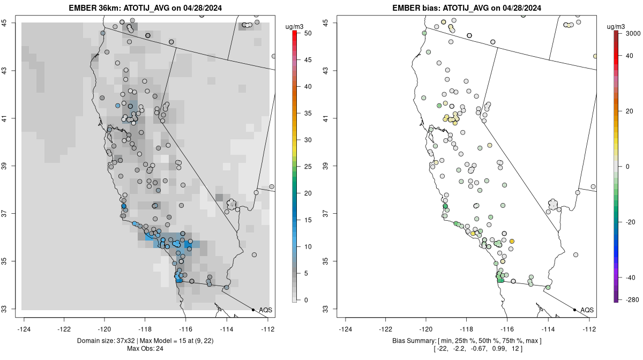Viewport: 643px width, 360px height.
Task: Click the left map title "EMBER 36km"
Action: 94,7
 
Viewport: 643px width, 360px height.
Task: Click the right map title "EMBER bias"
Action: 415,7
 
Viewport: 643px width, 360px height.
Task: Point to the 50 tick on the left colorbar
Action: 308,33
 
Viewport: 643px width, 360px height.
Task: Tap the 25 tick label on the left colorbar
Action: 308,167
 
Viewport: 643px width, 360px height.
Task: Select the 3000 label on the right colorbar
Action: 633,33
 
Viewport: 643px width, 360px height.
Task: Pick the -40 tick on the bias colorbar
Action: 630,277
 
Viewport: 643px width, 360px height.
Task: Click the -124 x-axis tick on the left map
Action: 24,329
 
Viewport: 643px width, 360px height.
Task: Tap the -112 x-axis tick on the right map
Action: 589,329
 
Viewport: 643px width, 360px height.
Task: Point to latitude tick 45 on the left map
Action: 5,22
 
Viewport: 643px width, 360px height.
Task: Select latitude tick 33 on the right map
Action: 326,309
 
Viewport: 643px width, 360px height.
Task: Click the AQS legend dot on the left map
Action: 253,310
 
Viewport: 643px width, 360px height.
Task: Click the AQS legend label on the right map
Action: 587,310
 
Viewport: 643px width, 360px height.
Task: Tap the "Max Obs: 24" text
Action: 145,349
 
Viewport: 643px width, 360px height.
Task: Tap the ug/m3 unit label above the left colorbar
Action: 294,27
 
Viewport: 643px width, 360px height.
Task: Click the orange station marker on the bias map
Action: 512,242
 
